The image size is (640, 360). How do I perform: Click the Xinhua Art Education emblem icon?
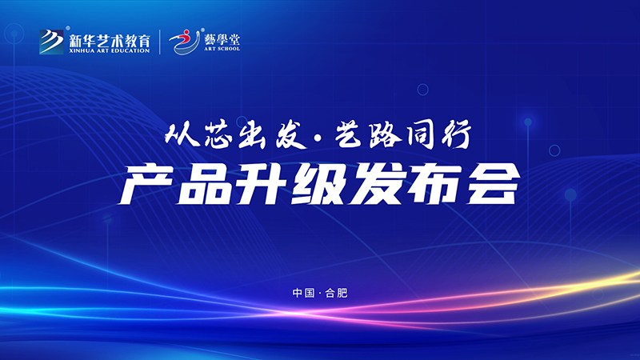[x=51, y=40]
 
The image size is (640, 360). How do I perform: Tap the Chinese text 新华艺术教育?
[x=110, y=37]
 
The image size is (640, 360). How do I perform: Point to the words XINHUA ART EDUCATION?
[x=110, y=50]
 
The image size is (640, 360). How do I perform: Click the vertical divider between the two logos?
[x=162, y=41]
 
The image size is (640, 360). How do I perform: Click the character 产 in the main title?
[x=143, y=187]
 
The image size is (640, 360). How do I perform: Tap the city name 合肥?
[x=337, y=293]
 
